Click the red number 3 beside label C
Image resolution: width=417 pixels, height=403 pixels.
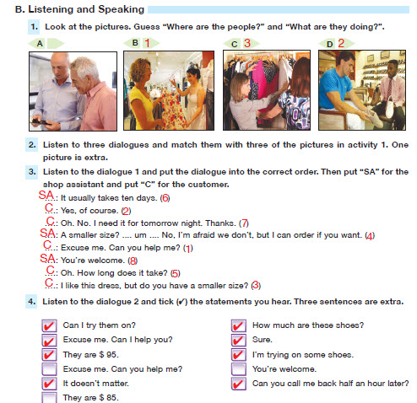tap(247, 43)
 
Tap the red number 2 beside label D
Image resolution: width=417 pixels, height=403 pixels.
tap(341, 43)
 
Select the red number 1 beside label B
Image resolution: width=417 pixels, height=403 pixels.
tap(147, 43)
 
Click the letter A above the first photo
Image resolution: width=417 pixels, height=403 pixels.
tap(40, 44)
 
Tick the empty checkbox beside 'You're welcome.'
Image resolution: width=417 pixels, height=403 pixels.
tap(239, 369)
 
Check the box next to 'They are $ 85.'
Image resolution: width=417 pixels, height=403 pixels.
tap(49, 398)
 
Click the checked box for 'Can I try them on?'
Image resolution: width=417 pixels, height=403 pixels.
tap(49, 325)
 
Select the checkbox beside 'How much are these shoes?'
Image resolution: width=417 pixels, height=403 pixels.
tap(239, 325)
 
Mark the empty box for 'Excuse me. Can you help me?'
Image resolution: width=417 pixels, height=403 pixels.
tap(49, 369)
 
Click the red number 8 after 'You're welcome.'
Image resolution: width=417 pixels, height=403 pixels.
tap(133, 261)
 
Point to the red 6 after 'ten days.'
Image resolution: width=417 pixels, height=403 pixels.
tap(165, 198)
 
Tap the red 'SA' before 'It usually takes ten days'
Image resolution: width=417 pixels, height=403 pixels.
tap(46, 195)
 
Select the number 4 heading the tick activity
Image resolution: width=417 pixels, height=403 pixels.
tap(31, 302)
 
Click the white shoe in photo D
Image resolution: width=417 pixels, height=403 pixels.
tap(389, 106)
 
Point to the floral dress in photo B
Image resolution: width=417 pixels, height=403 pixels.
tap(175, 108)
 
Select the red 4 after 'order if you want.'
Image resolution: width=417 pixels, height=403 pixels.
tap(370, 236)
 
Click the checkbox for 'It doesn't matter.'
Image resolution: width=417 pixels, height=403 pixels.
tap(49, 384)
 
